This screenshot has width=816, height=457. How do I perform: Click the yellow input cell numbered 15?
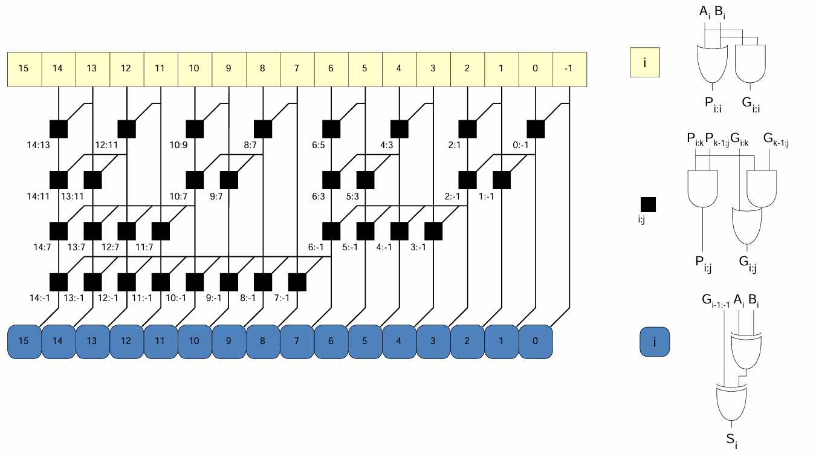tap(24, 68)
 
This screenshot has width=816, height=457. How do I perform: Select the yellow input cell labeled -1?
tap(568, 68)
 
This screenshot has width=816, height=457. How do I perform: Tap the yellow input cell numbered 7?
tap(296, 68)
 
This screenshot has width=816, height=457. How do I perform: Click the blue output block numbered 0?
tap(535, 342)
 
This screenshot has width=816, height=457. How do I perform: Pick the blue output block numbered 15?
tap(24, 342)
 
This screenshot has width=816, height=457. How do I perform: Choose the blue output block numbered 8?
tap(262, 342)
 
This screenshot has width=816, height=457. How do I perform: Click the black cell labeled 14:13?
tap(58, 129)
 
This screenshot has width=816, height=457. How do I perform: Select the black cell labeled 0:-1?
tap(536, 129)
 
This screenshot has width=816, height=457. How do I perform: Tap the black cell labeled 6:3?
tap(331, 180)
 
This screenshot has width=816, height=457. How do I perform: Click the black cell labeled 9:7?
tap(229, 180)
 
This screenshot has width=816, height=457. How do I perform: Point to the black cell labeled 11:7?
tap(160, 231)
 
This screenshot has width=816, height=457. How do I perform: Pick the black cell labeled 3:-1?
tap(433, 231)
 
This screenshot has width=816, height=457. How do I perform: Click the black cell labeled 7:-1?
tap(297, 282)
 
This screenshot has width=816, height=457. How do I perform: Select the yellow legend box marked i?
tap(644, 63)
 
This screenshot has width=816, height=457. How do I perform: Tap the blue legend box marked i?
tap(655, 343)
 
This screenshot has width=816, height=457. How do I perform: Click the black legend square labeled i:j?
tap(647, 204)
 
